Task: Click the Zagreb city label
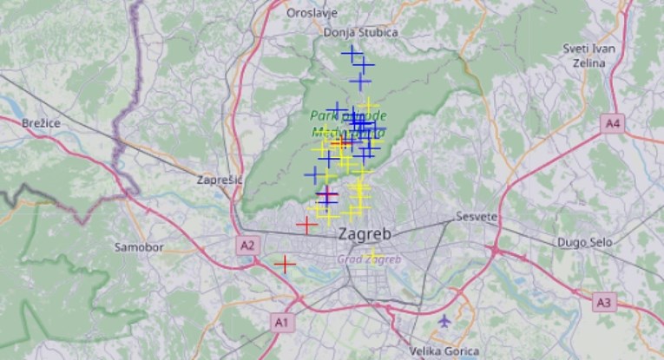click(x=365, y=234)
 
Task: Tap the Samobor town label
click(x=139, y=247)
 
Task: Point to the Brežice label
click(x=42, y=123)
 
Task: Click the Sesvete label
click(x=477, y=216)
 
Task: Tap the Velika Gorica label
click(x=444, y=351)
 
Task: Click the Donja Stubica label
click(x=360, y=32)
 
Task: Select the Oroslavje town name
click(x=313, y=13)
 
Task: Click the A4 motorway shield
click(x=614, y=124)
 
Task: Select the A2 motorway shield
click(x=247, y=245)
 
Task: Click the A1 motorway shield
click(x=280, y=322)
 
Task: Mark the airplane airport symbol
click(x=445, y=321)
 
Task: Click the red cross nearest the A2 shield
click(x=285, y=263)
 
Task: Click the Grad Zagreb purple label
click(x=369, y=259)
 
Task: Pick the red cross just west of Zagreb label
click(x=306, y=226)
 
